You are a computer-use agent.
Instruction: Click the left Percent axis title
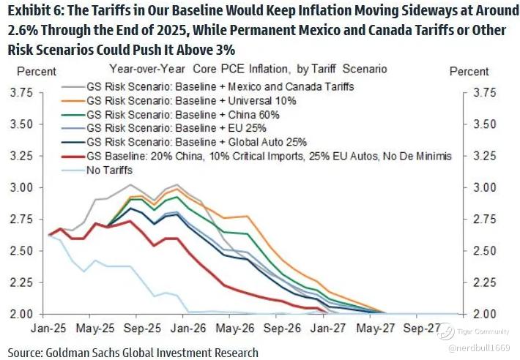pos(31,71)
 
